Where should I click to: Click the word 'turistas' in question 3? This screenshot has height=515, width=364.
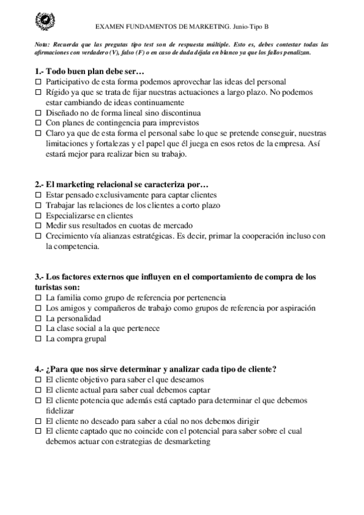click(50, 287)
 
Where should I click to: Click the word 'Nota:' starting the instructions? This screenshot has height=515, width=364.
click(43, 45)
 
